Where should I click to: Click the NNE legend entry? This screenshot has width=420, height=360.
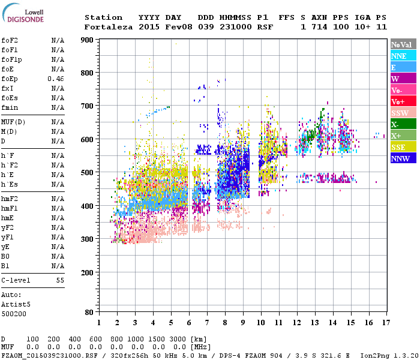coord(403,56)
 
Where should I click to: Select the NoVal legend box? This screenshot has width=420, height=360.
coord(403,44)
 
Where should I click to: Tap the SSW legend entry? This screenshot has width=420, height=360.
coord(403,113)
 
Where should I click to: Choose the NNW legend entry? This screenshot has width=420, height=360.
coord(403,158)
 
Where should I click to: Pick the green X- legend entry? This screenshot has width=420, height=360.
coord(403,124)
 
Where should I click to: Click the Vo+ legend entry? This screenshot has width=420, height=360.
coord(403,101)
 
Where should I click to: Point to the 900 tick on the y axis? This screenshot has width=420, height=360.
coord(89,40)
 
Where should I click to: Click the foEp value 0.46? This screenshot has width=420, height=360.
coord(56,79)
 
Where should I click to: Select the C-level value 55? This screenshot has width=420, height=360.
coord(60,280)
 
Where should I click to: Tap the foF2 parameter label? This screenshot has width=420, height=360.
coord(10,40)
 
